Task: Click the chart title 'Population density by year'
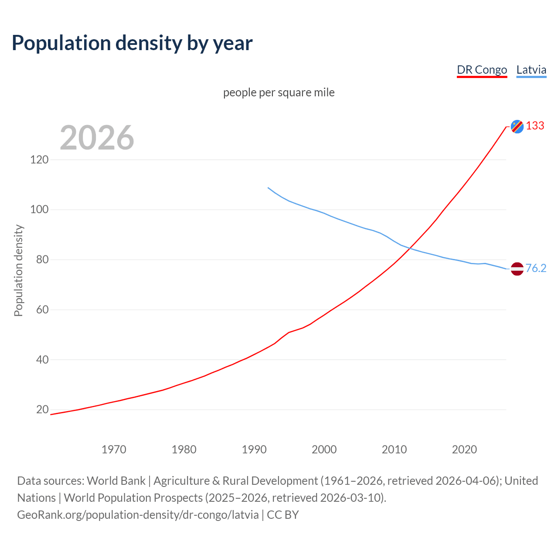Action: point(132,43)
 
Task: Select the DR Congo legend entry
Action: point(482,70)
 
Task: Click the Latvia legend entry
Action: point(531,70)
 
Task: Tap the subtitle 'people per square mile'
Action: point(279,93)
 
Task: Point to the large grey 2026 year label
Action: point(97,138)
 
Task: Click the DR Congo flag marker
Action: point(517,126)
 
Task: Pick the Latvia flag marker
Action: point(517,269)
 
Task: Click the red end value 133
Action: point(535,126)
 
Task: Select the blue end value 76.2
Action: point(536,269)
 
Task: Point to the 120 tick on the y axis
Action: point(39,160)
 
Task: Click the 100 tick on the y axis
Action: point(39,210)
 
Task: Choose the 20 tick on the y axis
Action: point(42,409)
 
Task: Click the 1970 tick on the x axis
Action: point(114,449)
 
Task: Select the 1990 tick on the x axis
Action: point(254,449)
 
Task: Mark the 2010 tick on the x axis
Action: point(394,449)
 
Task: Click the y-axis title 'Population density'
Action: point(18,270)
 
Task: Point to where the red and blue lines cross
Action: point(410,248)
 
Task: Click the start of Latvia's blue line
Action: point(268,188)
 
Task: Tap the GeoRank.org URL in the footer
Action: point(138,515)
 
